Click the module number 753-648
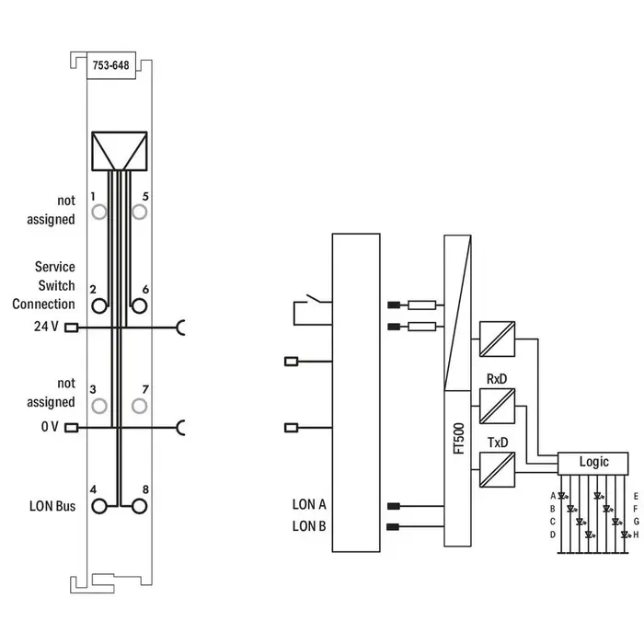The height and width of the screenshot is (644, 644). coord(110,65)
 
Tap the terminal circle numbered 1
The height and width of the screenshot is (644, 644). coord(98,213)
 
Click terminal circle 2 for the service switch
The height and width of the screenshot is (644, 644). coord(98,305)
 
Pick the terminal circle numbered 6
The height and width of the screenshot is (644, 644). coord(140,305)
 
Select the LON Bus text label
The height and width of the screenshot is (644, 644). coord(52,506)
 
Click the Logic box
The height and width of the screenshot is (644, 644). coord(592,462)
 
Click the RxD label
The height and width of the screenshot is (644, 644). coord(497,378)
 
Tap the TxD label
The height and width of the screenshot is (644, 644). coord(497,443)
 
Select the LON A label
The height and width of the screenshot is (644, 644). coord(309,504)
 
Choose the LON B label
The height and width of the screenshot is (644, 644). coord(309,526)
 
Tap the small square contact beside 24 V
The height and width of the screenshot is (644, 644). coord(70,327)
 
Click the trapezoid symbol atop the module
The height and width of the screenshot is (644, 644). coord(120,150)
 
